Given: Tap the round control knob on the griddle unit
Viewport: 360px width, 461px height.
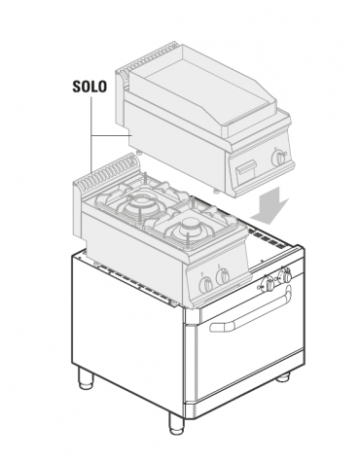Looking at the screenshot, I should coord(281,157).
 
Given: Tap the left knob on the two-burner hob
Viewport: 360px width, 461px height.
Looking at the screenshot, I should coord(205,283).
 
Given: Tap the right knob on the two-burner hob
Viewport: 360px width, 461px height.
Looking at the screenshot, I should coord(224,278).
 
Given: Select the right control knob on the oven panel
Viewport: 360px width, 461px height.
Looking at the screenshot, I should coord(285,278).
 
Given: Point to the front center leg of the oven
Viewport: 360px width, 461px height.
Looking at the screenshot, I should coord(175,424).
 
